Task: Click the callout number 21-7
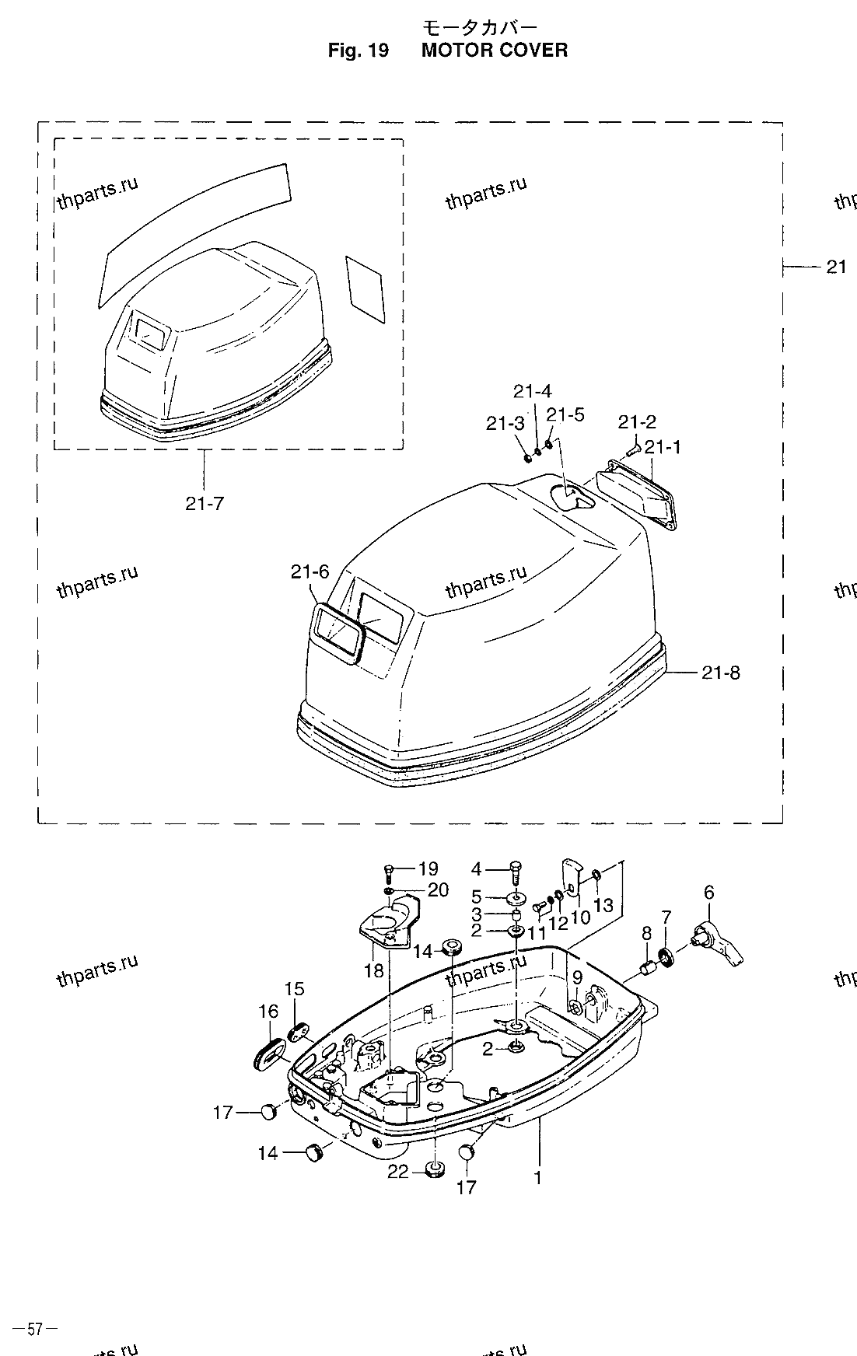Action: coord(205,503)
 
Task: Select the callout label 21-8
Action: coord(720,672)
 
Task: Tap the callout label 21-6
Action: coord(310,572)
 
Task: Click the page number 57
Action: coord(34,1329)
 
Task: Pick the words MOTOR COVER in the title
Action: coord(495,51)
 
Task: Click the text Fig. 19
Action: coord(358,51)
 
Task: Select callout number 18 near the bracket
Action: coord(374,970)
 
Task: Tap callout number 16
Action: coord(268,1011)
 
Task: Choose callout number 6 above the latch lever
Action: coord(708,893)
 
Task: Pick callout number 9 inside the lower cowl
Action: coord(576,977)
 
